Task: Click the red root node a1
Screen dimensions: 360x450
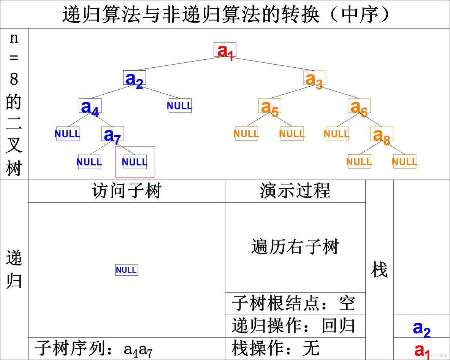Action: [225, 50]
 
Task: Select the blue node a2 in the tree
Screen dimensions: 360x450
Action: [135, 78]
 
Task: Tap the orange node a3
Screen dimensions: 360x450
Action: [314, 78]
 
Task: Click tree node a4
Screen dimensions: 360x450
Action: [90, 106]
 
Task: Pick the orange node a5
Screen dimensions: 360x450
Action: [269, 106]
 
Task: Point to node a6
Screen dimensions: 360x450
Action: [359, 106]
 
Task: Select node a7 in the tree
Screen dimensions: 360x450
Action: [112, 134]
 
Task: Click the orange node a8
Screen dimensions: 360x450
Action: [382, 134]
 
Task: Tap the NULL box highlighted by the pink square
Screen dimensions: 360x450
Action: [135, 162]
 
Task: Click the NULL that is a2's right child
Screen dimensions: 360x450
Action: [180, 106]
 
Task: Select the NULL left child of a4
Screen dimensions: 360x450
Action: [68, 134]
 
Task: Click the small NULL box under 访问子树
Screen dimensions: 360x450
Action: [127, 270]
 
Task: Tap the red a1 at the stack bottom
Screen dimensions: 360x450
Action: [421, 349]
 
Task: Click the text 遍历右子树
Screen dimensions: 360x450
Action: [295, 247]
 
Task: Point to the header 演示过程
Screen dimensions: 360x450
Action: [295, 191]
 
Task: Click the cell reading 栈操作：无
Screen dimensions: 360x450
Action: [295, 348]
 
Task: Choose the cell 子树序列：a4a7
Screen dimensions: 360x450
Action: [127, 348]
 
